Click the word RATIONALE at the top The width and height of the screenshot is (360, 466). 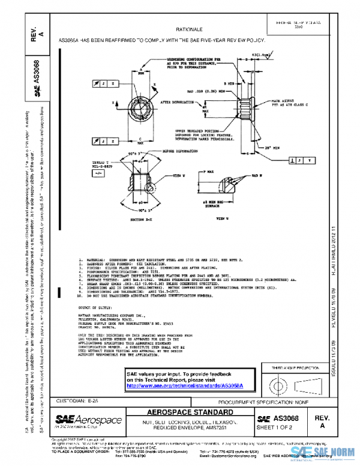tap(188, 29)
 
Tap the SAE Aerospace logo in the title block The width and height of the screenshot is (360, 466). tap(89, 420)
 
